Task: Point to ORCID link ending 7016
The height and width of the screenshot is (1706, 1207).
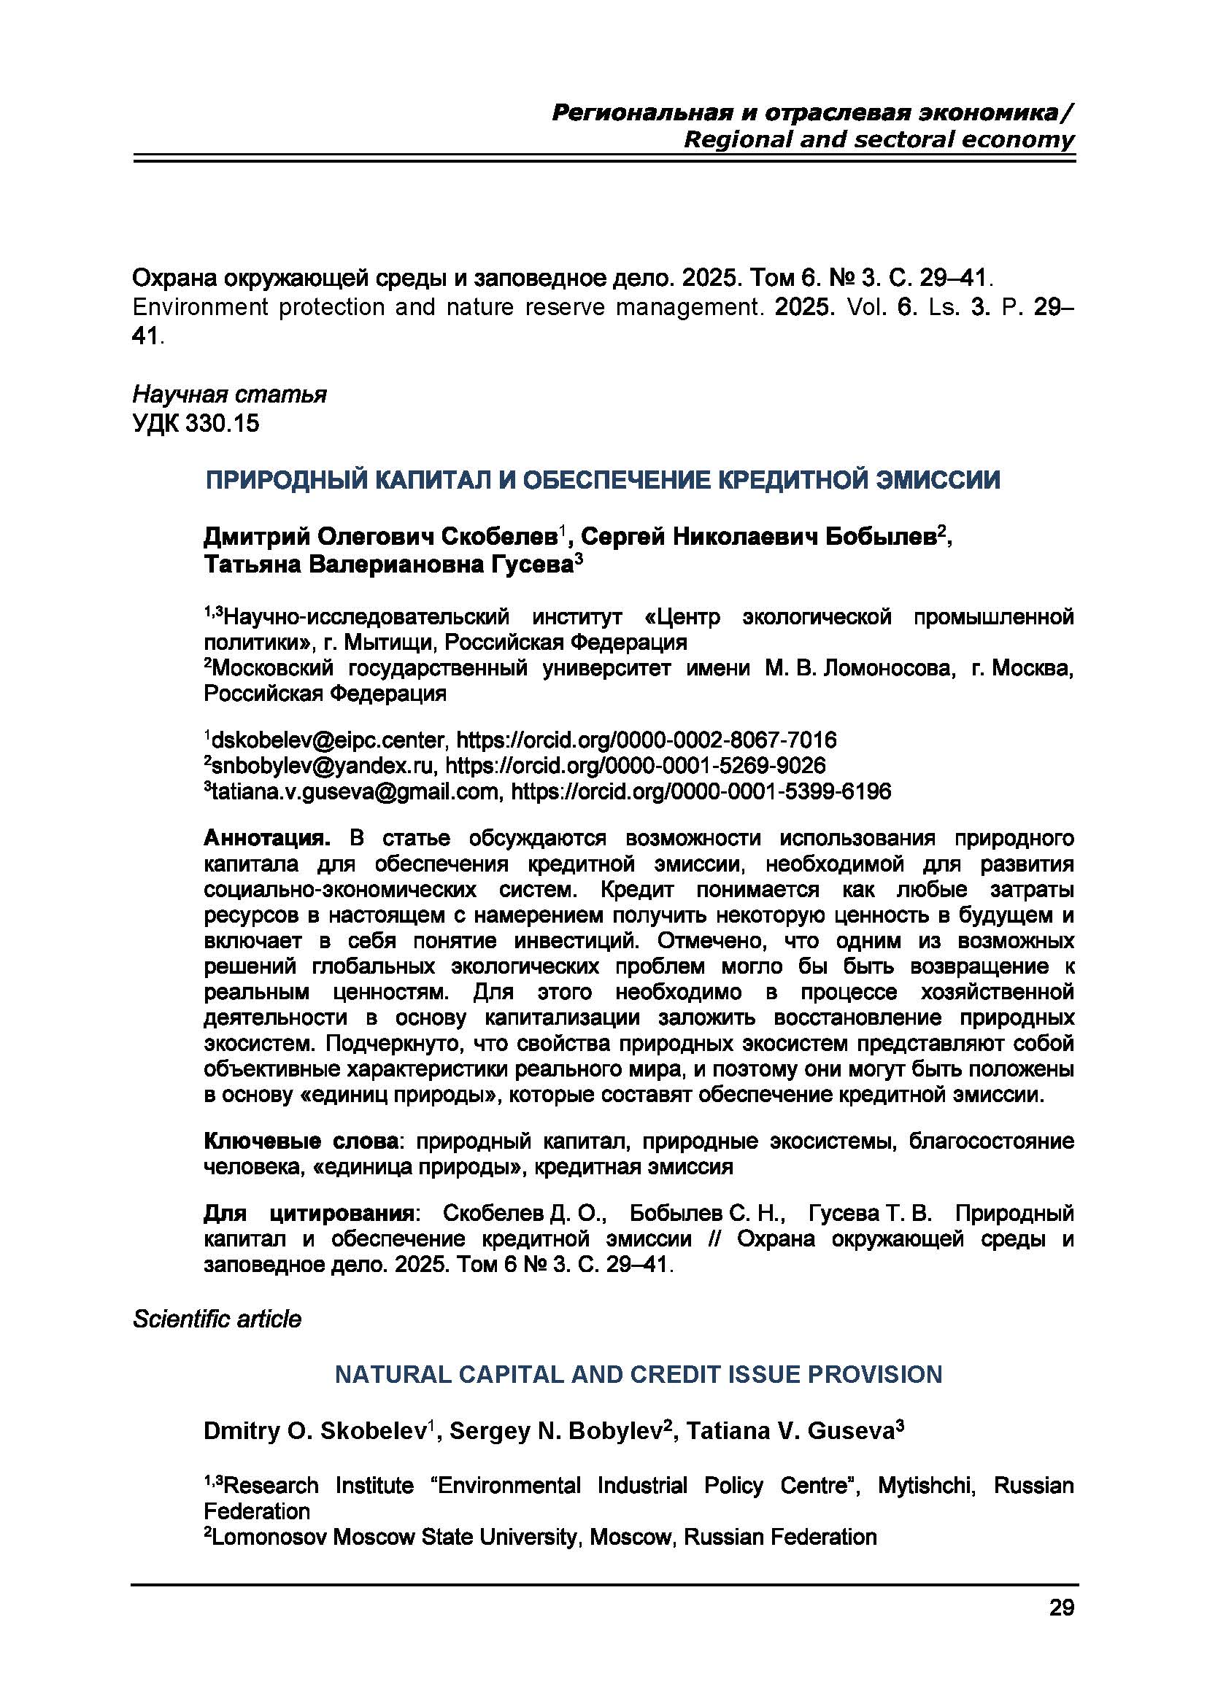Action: coord(646,740)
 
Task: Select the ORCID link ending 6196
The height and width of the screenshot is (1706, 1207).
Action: coord(701,791)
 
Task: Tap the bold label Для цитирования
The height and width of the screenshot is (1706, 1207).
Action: coord(309,1214)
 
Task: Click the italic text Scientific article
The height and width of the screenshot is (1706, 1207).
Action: coord(217,1319)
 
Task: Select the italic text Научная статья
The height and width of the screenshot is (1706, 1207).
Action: coord(229,395)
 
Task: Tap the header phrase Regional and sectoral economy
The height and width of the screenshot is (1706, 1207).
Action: coord(879,140)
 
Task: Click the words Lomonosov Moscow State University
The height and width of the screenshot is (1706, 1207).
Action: coord(394,1537)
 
